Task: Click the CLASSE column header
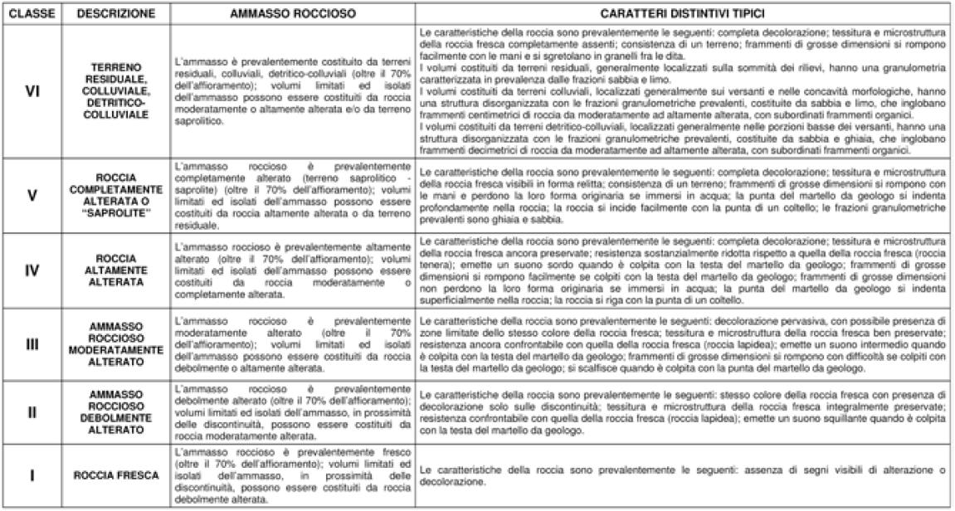click(x=32, y=15)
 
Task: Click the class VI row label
click(x=32, y=91)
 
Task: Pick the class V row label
click(x=32, y=196)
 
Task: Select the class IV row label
click(x=32, y=270)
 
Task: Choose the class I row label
click(x=32, y=475)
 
